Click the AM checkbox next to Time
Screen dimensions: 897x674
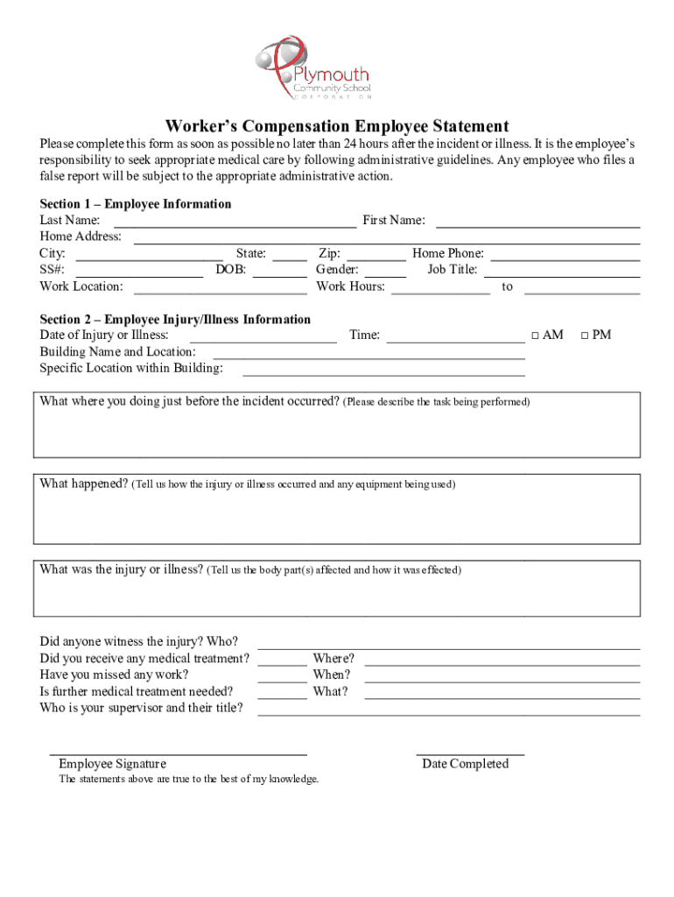click(x=535, y=335)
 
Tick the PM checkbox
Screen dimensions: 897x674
click(x=586, y=335)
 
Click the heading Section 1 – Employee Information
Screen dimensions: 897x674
click(x=136, y=204)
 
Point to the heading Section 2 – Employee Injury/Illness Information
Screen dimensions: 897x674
click(x=175, y=320)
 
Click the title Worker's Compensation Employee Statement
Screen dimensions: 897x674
click(x=337, y=126)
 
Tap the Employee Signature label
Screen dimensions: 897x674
click(x=112, y=764)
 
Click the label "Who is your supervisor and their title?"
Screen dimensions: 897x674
click(x=142, y=708)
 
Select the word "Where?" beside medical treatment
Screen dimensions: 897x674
click(x=333, y=659)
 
